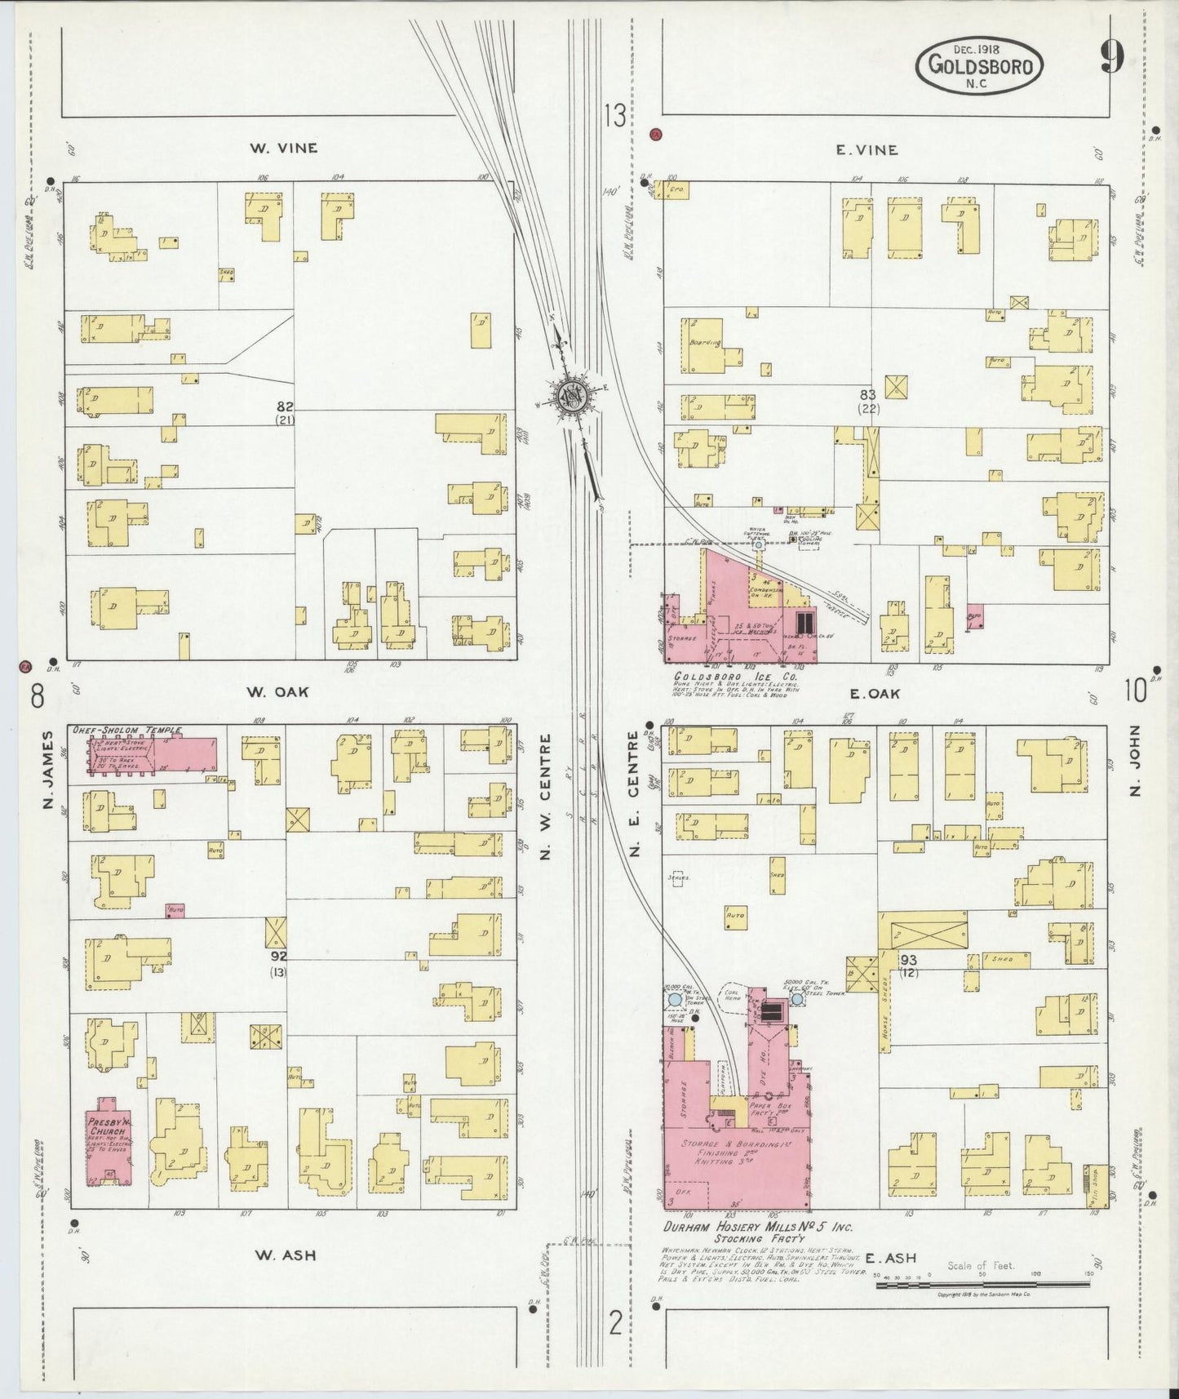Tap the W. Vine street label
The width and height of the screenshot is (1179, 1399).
[284, 149]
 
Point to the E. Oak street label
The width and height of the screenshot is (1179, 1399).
[874, 693]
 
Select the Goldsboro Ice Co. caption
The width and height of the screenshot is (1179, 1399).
[734, 676]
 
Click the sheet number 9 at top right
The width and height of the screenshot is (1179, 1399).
[1111, 58]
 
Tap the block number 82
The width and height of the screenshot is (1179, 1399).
[284, 406]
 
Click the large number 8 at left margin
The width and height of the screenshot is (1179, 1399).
[36, 697]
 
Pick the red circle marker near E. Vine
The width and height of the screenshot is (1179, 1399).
[655, 135]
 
